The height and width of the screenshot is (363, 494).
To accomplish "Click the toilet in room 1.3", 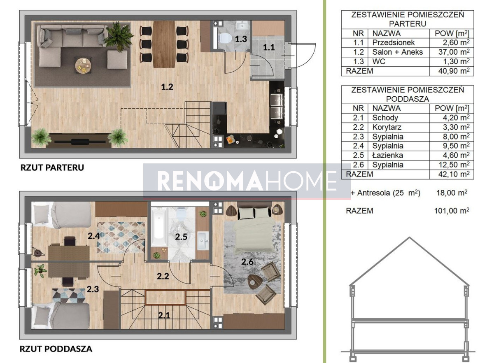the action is [224, 38].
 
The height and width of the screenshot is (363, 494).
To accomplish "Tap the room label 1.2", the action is [167, 87].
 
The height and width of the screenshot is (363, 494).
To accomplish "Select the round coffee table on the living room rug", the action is [83, 66].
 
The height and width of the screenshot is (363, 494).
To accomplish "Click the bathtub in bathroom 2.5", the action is [159, 226].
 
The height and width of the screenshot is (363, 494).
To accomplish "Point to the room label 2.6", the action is [247, 262].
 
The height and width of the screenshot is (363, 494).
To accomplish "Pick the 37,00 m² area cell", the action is [454, 52].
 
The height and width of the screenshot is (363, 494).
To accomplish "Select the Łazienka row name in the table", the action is [387, 155].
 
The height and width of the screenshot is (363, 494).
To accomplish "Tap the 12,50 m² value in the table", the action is [454, 165].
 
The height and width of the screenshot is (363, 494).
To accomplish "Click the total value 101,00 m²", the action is [452, 211].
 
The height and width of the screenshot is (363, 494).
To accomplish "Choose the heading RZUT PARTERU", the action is [52, 168].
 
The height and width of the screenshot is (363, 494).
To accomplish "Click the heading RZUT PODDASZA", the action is [56, 349].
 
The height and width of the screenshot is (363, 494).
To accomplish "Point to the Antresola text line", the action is [385, 193].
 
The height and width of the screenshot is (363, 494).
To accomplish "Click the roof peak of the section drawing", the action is [410, 237].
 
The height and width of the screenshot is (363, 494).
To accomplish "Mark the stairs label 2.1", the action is [164, 316].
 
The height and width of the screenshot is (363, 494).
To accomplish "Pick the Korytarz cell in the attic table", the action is [387, 127].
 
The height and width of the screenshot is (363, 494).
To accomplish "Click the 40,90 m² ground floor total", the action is [454, 71].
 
